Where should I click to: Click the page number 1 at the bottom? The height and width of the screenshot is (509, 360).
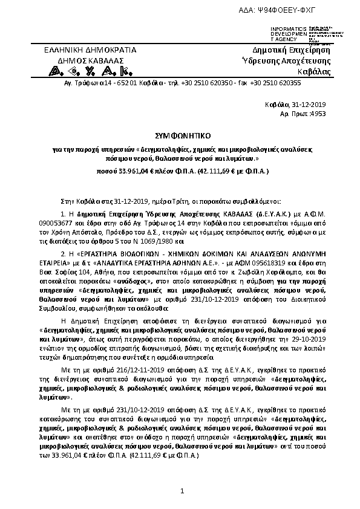(181, 497)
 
